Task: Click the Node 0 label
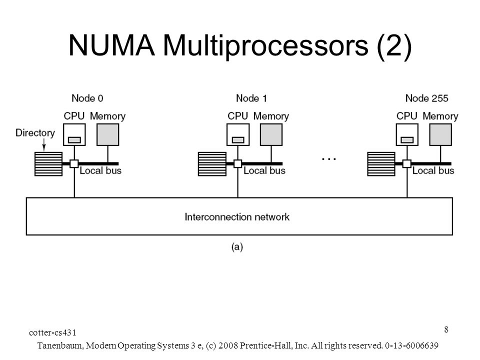87,98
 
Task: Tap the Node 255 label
426,98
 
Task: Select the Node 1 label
251,98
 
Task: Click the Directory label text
35,133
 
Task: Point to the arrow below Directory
44,145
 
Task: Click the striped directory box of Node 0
48,164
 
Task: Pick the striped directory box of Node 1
212,164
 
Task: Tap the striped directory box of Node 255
381,164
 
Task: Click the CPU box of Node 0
74,134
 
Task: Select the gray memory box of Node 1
271,134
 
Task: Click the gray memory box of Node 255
440,134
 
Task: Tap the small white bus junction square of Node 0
74,164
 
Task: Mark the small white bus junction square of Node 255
407,164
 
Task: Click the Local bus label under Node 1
264,170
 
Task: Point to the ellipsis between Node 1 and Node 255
329,159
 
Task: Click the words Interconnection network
237,217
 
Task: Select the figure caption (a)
237,246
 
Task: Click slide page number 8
446,329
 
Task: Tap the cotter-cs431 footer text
52,332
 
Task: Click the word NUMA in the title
111,45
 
